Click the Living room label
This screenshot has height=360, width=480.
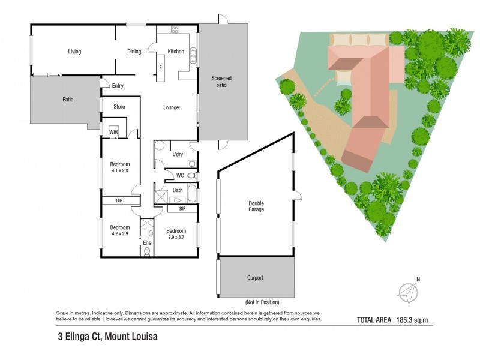pos(74,52)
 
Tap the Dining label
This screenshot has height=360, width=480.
pos(134,52)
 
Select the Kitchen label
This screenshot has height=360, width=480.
pos(176,52)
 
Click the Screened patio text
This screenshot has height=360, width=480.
pos(221,82)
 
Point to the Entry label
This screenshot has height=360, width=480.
pos(118,86)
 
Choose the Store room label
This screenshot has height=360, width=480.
pos(119,107)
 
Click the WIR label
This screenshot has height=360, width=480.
pos(113,132)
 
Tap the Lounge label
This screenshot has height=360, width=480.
pos(171,108)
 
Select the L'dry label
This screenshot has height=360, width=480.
pos(178,154)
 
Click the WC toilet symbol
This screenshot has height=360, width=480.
pos(191,176)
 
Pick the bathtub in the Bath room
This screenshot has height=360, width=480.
pos(191,194)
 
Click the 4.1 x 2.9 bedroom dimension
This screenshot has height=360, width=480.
pos(120,170)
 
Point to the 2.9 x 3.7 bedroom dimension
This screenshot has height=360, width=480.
pos(176,238)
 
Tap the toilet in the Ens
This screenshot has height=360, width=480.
pos(148,251)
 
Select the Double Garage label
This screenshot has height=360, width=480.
pos(256,206)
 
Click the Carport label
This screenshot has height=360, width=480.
pos(255,278)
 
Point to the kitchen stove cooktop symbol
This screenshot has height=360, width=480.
pos(175,29)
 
